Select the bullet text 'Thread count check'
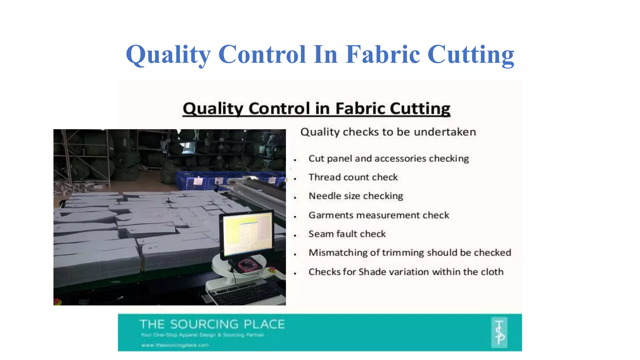353,177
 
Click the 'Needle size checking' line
356,196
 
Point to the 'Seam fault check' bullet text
347,234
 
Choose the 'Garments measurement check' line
379,215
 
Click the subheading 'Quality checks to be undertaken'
388,132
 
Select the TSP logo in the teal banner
499,332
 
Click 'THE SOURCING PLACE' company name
212,324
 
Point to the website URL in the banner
175,345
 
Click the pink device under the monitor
248,266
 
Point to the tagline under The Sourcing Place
202,335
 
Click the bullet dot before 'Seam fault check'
295,235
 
